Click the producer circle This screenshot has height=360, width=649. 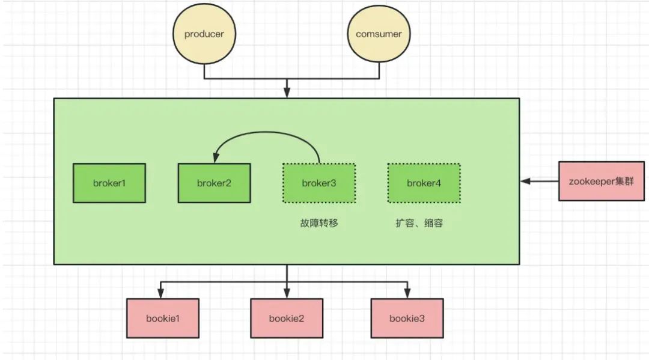click(x=204, y=34)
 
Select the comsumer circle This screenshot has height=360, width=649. click(x=379, y=34)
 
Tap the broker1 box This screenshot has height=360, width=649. click(x=109, y=183)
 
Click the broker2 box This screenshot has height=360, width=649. click(x=214, y=183)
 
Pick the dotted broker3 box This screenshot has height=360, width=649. click(x=318, y=183)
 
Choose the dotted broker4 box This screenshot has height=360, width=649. click(x=424, y=183)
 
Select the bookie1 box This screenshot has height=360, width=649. click(x=162, y=318)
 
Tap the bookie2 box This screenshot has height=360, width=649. click(x=286, y=318)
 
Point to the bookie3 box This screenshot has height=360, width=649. click(x=407, y=318)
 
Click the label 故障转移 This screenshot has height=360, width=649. click(x=319, y=224)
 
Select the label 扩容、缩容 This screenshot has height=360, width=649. click(x=419, y=224)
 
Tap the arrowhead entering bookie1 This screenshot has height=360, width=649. click(x=160, y=294)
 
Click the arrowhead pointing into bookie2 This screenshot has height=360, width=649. click(x=287, y=294)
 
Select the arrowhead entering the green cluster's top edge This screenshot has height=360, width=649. click(x=287, y=93)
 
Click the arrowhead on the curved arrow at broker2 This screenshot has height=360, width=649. click(x=215, y=159)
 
